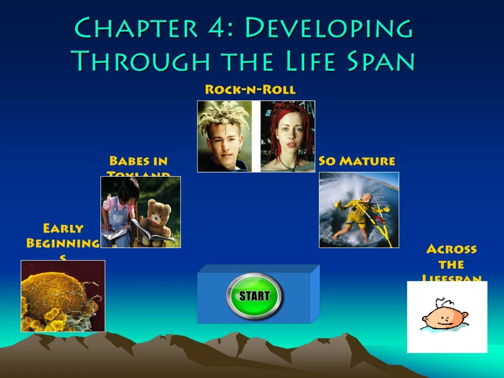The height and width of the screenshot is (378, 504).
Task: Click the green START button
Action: [254, 296]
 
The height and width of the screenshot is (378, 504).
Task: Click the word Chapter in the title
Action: [133, 29]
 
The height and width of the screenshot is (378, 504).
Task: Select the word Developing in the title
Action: [328, 29]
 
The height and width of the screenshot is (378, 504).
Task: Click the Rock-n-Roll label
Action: [250, 90]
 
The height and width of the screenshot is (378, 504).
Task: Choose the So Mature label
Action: [356, 161]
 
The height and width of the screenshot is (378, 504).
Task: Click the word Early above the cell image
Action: [63, 228]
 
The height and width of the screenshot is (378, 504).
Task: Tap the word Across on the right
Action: [451, 249]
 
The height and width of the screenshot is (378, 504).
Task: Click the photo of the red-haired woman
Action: [287, 136]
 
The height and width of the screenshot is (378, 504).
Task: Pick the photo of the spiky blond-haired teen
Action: [224, 136]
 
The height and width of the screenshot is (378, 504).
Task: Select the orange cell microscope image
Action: [63, 296]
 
